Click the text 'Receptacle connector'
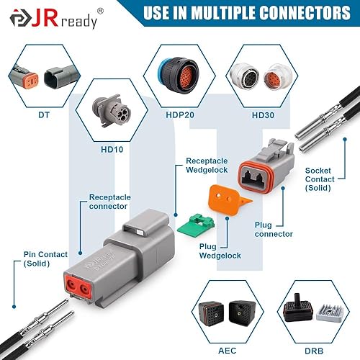109,201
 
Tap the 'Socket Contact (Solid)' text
318,176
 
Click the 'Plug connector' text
274,229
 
